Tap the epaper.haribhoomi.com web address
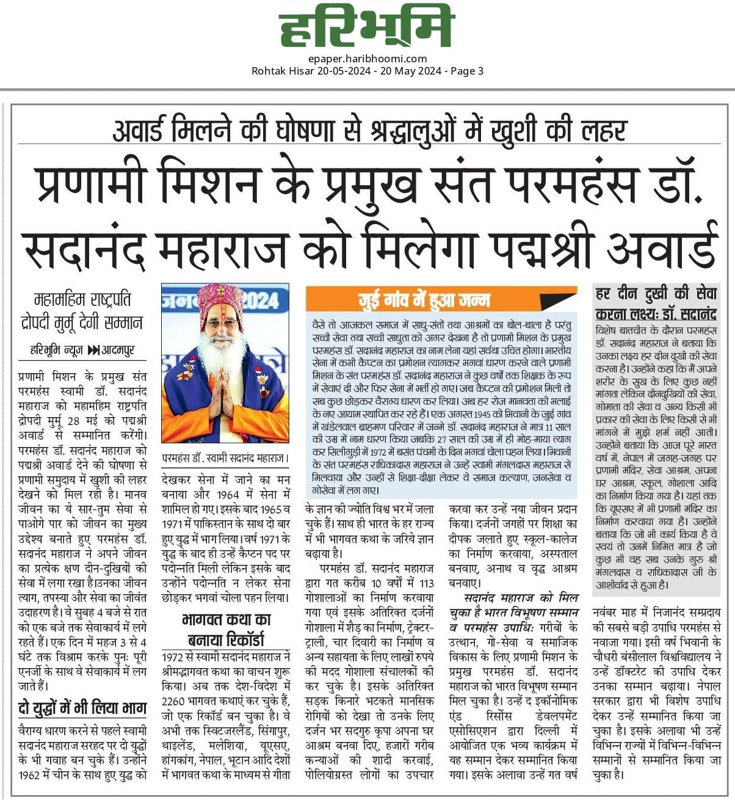coord(367,59)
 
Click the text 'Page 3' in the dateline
coord(467,71)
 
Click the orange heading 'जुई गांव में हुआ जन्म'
coord(424,300)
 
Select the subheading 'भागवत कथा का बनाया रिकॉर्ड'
coord(225,630)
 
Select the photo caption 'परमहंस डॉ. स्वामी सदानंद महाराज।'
coord(225,457)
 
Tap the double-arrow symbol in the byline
coord(93,351)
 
